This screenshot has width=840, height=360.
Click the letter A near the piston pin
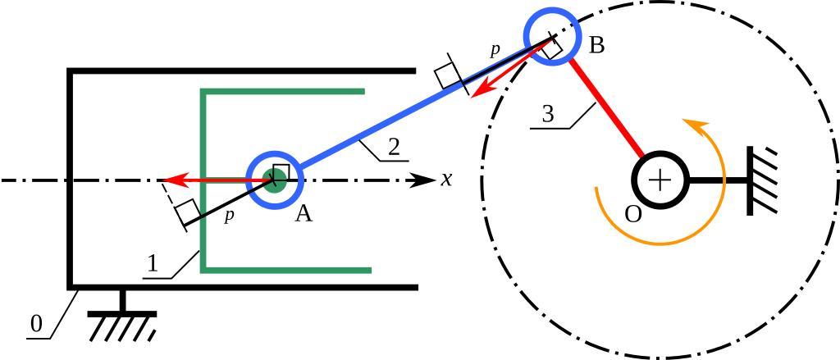click(304, 214)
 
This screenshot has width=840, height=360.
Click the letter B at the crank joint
click(596, 45)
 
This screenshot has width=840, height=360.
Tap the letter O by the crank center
click(632, 214)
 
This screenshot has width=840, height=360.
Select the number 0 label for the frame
click(35, 324)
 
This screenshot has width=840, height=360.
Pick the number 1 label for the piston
click(152, 264)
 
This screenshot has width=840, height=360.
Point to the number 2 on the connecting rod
click(394, 147)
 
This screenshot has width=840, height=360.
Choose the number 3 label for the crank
click(548, 114)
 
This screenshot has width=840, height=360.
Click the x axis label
click(446, 179)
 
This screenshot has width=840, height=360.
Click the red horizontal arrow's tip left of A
click(164, 180)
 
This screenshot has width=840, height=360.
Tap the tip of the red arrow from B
click(472, 95)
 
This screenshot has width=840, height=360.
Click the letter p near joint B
click(495, 50)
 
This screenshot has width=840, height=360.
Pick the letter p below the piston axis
click(230, 216)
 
